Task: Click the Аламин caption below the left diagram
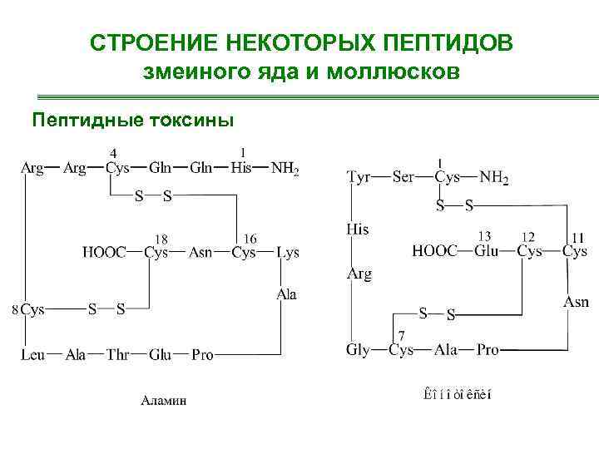click(x=163, y=400)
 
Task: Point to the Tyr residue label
click(x=359, y=177)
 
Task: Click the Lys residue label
click(x=288, y=252)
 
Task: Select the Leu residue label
click(x=32, y=355)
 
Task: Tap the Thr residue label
click(x=117, y=355)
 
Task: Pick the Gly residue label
click(x=357, y=350)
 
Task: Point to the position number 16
click(x=249, y=238)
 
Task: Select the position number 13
click(x=483, y=236)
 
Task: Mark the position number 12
click(x=528, y=236)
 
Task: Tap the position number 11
click(x=573, y=236)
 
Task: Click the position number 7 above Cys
click(x=403, y=335)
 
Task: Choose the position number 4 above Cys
click(x=114, y=153)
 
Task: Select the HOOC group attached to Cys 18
click(x=104, y=252)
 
